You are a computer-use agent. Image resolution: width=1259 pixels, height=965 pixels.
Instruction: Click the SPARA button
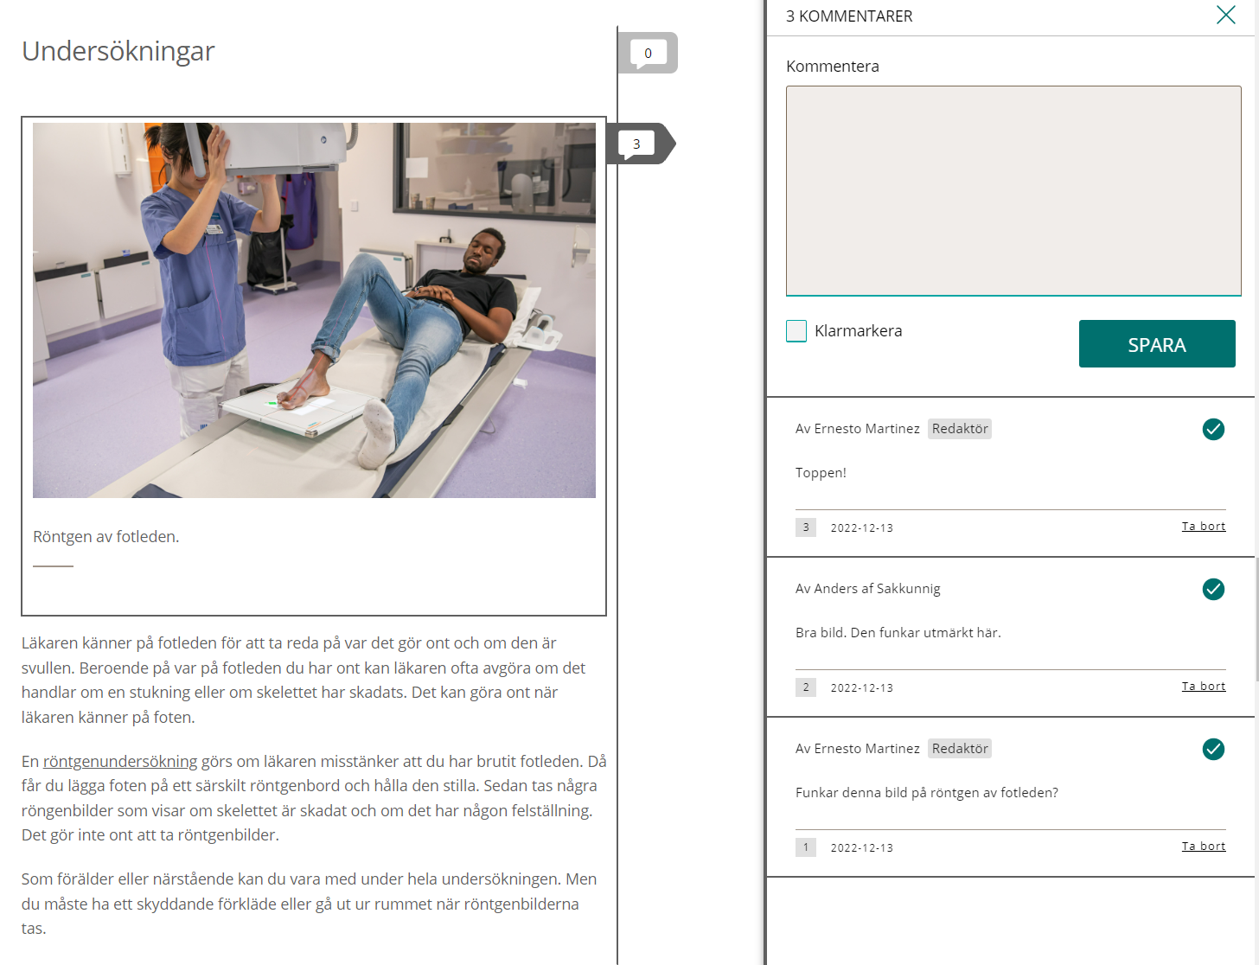[1156, 343]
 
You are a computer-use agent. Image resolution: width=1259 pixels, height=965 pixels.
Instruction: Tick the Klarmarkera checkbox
[796, 330]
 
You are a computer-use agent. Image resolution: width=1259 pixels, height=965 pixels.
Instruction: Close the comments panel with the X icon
[1225, 15]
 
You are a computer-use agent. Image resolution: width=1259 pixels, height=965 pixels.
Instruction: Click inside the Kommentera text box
[1013, 190]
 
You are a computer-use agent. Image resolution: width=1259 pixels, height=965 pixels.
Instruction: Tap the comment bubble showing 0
[648, 53]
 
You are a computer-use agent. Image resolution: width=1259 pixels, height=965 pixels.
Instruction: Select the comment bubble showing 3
[637, 143]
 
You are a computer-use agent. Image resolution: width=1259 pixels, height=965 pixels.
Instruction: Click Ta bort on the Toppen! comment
[1204, 526]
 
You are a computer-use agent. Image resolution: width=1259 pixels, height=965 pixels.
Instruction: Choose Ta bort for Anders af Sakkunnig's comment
[1204, 686]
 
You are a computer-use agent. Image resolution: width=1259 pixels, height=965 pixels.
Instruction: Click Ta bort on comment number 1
[1204, 846]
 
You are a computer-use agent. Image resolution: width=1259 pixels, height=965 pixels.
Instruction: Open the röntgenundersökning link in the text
[120, 761]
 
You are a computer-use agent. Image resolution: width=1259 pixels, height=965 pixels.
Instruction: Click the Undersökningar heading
[118, 51]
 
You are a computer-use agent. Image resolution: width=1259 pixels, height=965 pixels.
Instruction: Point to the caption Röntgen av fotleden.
[106, 536]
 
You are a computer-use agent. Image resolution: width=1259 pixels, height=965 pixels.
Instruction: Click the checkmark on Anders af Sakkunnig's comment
[1213, 589]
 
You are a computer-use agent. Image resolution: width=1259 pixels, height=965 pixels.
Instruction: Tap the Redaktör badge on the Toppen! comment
[960, 429]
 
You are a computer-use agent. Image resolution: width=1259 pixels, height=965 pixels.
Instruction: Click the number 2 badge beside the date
[805, 687]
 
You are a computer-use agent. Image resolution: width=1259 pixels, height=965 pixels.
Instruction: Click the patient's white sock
[379, 431]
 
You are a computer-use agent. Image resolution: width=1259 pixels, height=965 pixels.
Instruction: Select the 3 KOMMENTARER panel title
[849, 16]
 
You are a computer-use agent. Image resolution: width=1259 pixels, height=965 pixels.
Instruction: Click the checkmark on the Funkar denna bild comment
[1213, 749]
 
